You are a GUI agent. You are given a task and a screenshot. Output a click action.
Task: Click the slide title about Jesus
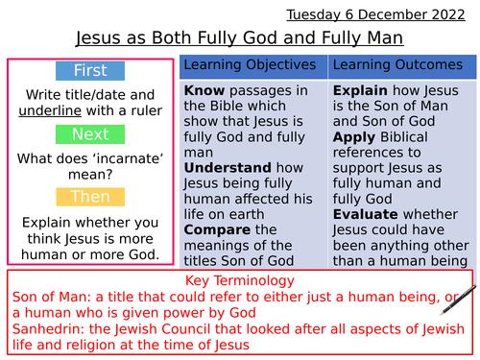point(239,38)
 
